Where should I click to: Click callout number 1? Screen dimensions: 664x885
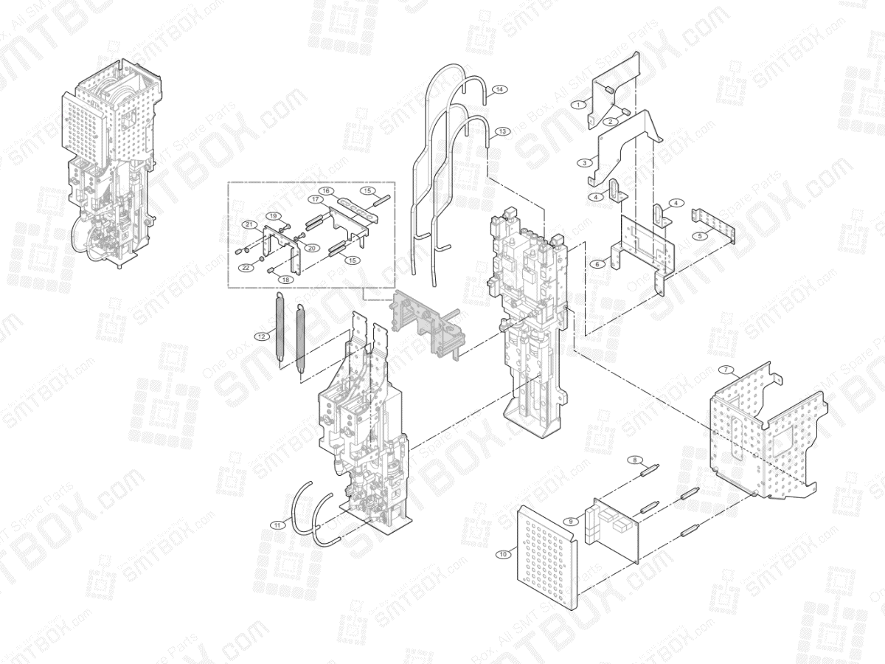[580, 104]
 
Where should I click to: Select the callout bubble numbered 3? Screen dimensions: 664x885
[585, 162]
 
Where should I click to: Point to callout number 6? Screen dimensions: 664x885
[598, 263]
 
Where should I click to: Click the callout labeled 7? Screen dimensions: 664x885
[726, 369]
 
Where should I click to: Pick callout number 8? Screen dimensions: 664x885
[633, 460]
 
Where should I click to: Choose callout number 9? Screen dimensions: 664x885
[570, 521]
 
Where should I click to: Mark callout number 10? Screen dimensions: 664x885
[503, 553]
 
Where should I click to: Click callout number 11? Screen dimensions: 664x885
[277, 525]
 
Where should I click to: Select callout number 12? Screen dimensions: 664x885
[260, 336]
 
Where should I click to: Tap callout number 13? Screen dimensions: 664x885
[503, 131]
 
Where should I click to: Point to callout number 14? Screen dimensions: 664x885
[499, 89]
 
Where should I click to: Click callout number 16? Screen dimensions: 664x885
[325, 190]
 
